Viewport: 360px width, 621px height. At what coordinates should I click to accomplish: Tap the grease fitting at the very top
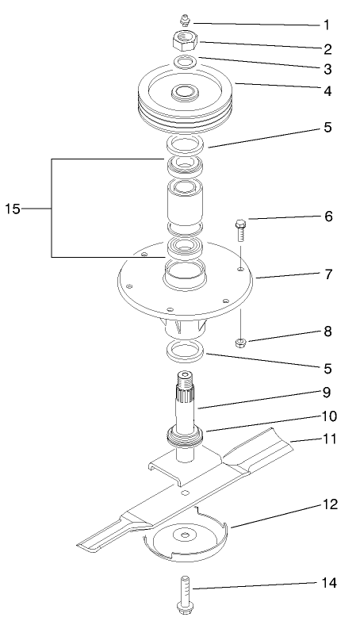(x=185, y=19)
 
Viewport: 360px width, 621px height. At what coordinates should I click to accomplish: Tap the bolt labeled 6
(x=241, y=232)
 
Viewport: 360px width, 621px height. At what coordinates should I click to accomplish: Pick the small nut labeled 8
(x=241, y=342)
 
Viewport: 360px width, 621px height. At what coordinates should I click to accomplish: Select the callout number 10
(x=328, y=415)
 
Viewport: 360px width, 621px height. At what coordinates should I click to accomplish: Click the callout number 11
(x=328, y=438)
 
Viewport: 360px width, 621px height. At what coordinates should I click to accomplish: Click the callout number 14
(x=328, y=584)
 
